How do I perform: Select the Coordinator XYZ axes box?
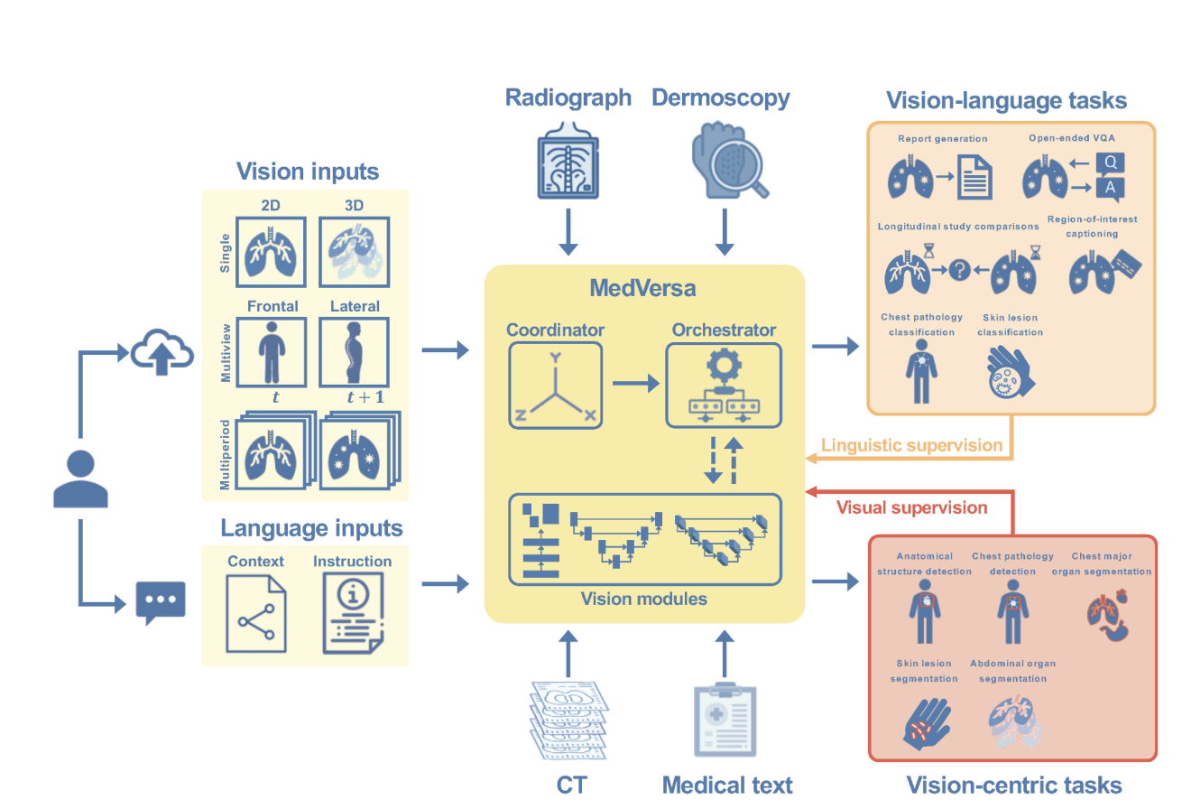coord(554,386)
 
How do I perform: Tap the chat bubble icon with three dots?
coord(161,601)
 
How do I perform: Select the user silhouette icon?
coord(80,479)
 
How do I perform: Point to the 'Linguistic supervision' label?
coord(911,445)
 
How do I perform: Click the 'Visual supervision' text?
coord(911,507)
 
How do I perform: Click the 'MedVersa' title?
coord(644,289)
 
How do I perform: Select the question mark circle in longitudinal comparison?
coord(959,269)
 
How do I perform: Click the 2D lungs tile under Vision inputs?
coord(271,252)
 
